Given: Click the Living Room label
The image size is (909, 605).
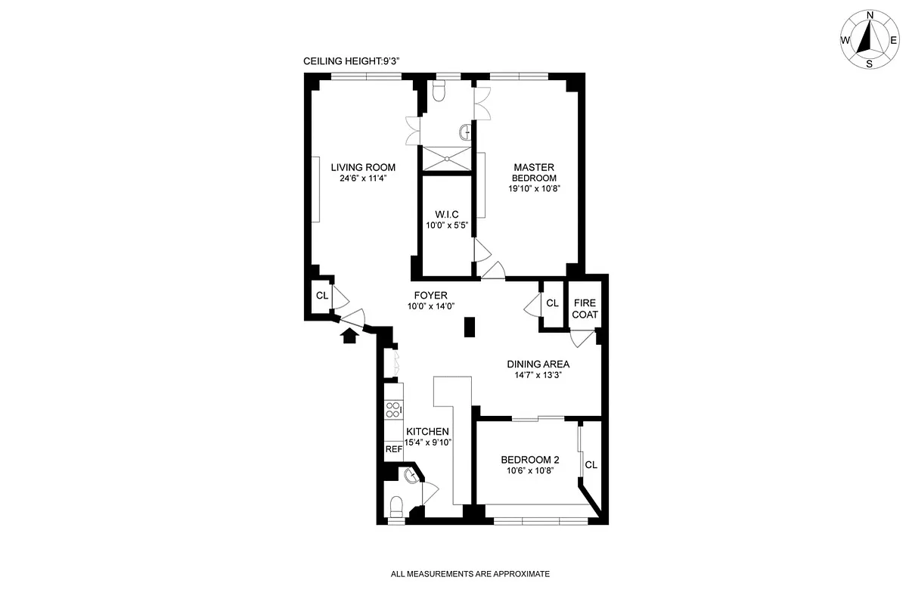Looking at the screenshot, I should coord(362,167).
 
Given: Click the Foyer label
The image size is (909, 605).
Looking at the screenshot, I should coord(430,295).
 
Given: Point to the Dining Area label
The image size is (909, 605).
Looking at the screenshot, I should coord(538,364).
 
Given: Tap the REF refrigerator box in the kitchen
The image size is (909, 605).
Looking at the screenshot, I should coord(393,448).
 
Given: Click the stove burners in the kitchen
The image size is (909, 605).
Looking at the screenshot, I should coord(392,409).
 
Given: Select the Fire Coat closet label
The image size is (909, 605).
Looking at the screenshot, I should coord(585,309).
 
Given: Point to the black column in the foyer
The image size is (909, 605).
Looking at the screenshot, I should coord(469,327).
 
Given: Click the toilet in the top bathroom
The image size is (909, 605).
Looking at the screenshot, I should coord(438,92).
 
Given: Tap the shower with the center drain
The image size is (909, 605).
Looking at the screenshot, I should coord(446,158).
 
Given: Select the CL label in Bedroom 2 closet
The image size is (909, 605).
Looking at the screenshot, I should coord(591,464).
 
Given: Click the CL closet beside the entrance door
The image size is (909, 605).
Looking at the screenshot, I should coord(321,296).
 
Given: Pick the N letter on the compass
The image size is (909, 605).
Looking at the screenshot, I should coord(870,15).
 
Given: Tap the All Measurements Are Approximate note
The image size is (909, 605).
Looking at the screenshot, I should coord(470,574).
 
